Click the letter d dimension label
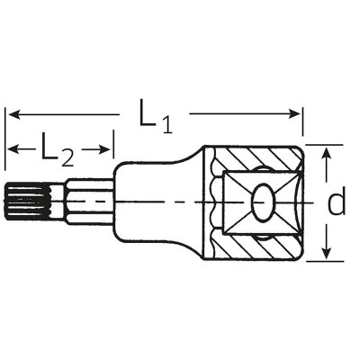335,203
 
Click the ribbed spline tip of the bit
19,203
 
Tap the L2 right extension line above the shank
113,153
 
